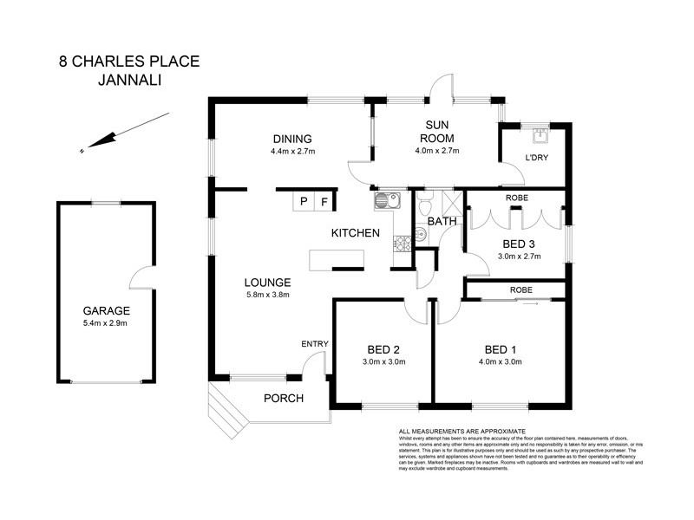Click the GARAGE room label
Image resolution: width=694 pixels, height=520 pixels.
click(106, 310)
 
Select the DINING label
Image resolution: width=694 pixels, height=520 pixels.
click(291, 139)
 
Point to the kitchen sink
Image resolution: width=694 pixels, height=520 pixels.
click(385, 201)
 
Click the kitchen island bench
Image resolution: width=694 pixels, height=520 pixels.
click(337, 260)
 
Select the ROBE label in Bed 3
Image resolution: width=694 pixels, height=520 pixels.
click(517, 197)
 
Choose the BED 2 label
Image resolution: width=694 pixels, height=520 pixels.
click(383, 349)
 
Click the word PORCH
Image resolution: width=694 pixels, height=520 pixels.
click(283, 399)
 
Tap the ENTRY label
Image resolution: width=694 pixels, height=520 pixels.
click(314, 344)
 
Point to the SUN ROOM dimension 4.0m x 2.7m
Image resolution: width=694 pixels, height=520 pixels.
click(437, 151)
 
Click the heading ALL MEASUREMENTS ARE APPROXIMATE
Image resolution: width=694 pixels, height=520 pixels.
click(462, 431)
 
